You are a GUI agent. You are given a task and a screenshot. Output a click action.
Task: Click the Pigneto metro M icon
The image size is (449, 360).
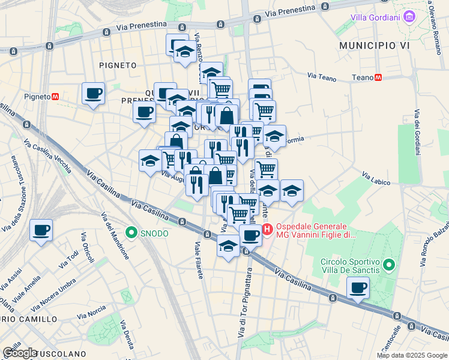pyautogui.click(x=55, y=96)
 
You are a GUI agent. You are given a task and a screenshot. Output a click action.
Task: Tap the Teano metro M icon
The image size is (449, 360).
pyautogui.click(x=378, y=77)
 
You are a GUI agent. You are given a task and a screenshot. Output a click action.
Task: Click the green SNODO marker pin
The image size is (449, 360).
pyautogui.click(x=130, y=232)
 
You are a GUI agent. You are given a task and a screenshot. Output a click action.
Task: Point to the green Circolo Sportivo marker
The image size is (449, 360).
pyautogui.click(x=389, y=264)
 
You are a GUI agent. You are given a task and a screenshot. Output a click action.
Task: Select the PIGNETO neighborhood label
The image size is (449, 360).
pyautogui.click(x=118, y=65)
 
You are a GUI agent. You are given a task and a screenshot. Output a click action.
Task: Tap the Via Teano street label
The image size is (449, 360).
pyautogui.click(x=322, y=76)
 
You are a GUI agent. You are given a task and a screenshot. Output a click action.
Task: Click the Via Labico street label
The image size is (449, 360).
pyautogui.click(x=376, y=176)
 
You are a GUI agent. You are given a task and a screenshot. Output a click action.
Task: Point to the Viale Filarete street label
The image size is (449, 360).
pyautogui.click(x=198, y=259)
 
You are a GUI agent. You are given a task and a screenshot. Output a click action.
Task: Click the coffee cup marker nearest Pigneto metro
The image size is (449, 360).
pyautogui.click(x=93, y=94)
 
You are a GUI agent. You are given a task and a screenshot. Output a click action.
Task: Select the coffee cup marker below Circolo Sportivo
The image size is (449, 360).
pyautogui.click(x=358, y=289)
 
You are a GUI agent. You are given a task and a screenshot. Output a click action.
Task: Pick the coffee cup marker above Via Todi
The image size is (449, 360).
pyautogui.click(x=41, y=230)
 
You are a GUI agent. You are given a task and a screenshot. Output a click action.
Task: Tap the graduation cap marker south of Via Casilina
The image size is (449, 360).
pyautogui.click(x=228, y=246)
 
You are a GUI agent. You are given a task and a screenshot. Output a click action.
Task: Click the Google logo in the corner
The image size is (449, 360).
pyautogui.click(x=20, y=353)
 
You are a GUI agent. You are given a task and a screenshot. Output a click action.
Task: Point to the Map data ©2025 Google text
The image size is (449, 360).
pyautogui.click(x=411, y=355)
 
